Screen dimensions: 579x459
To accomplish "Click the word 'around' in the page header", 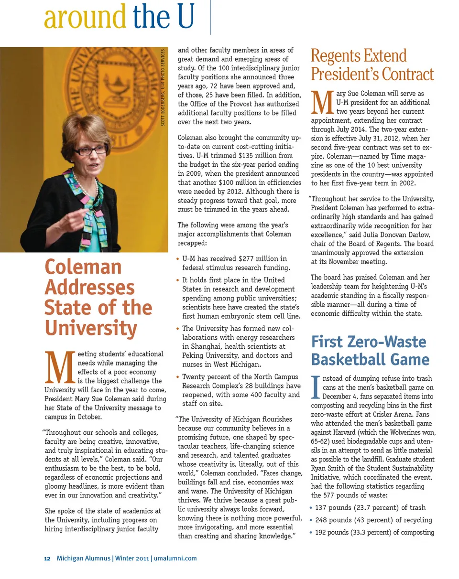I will tap(85, 17).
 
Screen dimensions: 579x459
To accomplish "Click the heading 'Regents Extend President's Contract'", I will tap(372, 65).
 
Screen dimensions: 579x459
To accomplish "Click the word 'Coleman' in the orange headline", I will tap(83, 267).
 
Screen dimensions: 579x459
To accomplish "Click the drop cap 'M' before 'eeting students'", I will tap(59, 368).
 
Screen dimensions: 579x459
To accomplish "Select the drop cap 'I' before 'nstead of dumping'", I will tap(315, 386).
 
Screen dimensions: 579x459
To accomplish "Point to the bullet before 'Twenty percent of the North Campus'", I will tap(178, 377).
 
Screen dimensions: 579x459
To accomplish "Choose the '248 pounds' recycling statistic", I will tap(333, 520).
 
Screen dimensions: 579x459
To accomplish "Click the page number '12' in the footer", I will tap(47, 558).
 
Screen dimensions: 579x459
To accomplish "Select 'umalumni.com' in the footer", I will tap(175, 558).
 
